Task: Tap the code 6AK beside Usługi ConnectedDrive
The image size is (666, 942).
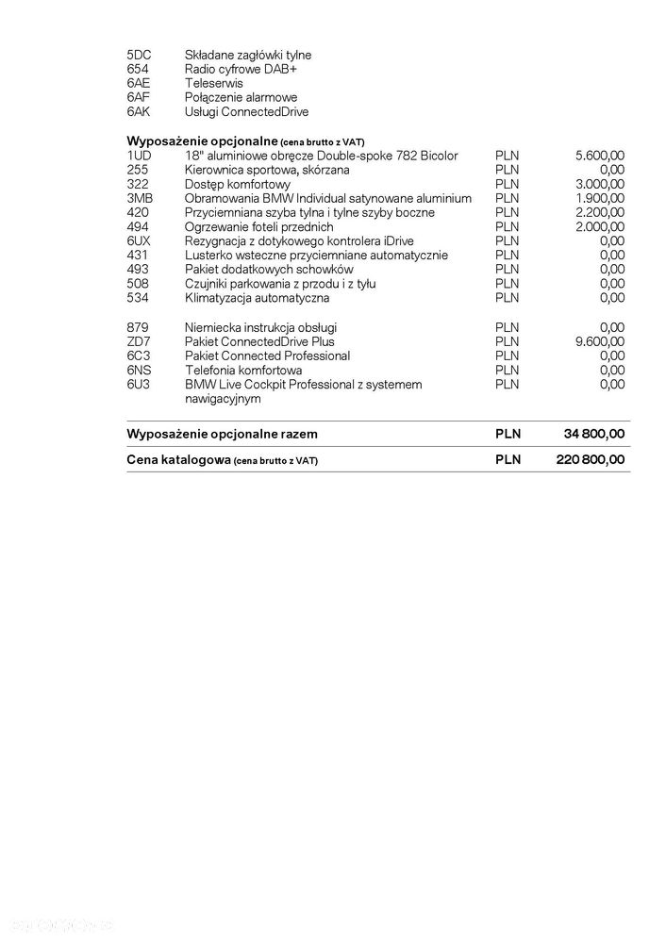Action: click(x=138, y=111)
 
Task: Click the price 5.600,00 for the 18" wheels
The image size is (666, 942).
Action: click(x=599, y=155)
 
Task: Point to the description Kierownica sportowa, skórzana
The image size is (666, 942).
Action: click(x=267, y=169)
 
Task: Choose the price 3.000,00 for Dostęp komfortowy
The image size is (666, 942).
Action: click(x=599, y=183)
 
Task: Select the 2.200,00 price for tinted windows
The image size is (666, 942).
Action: click(x=599, y=212)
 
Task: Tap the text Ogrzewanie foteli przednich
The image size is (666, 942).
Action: click(x=258, y=226)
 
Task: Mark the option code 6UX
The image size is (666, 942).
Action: click(x=139, y=240)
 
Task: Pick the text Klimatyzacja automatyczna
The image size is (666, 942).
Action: click(x=257, y=298)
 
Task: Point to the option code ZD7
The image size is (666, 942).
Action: click(x=138, y=341)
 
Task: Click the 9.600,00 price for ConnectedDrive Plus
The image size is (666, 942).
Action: click(x=599, y=341)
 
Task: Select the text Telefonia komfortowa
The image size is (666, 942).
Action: click(x=243, y=370)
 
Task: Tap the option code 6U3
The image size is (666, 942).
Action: click(x=138, y=385)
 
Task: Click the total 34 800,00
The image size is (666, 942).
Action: click(x=593, y=434)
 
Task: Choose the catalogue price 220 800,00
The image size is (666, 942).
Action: click(x=590, y=459)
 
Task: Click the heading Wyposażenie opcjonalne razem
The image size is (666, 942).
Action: click(x=222, y=434)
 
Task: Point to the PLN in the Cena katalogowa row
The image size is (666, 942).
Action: click(x=508, y=459)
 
